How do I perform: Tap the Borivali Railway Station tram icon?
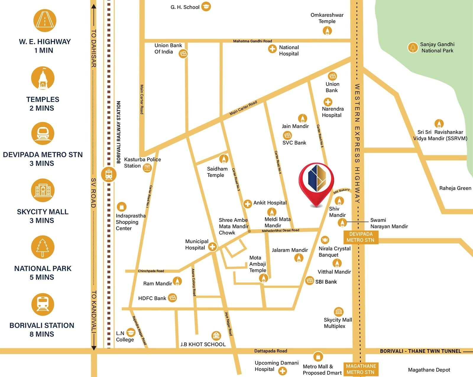[108, 174]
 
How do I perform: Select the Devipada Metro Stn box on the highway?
[360, 237]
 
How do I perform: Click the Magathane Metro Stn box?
[361, 369]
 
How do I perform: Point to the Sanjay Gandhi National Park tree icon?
[412, 47]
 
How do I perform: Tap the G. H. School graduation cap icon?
[206, 6]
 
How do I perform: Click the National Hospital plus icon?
[272, 49]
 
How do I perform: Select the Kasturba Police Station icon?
[147, 168]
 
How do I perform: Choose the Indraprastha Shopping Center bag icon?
[122, 207]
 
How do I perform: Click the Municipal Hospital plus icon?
[212, 246]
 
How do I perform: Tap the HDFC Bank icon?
[173, 298]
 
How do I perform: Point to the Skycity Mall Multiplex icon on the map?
[338, 312]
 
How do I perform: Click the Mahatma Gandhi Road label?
[252, 41]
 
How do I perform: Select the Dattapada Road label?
[270, 351]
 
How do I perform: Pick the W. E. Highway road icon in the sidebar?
[44, 21]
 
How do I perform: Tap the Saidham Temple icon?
[223, 159]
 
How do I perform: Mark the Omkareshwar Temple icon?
[327, 30]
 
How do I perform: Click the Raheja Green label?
[455, 188]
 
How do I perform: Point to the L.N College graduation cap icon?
[130, 333]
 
